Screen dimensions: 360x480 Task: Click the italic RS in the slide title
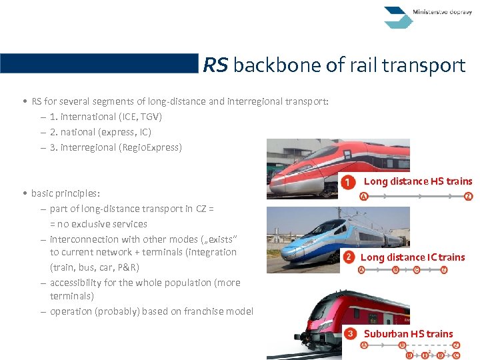point(215,65)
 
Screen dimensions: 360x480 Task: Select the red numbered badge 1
point(347,181)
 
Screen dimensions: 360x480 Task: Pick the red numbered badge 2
point(349,257)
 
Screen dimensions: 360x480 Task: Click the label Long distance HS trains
point(417,181)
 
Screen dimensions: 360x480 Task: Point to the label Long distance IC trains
point(413,257)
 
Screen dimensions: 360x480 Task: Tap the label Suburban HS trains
point(408,333)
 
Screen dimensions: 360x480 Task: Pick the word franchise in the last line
point(204,311)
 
